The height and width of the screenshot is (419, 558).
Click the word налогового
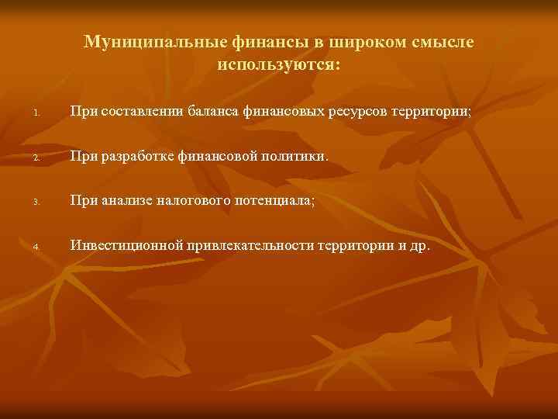pyautogui.click(x=193, y=201)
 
